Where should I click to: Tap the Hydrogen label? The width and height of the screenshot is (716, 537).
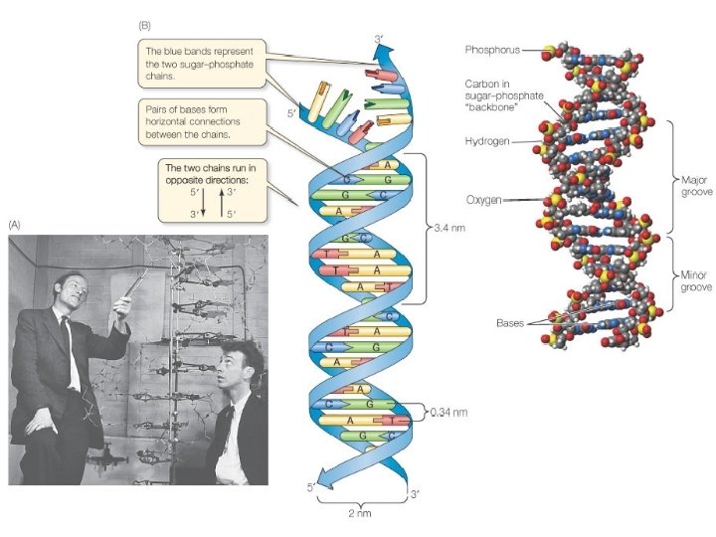pyautogui.click(x=486, y=142)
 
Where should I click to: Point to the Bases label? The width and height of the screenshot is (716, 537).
pyautogui.click(x=510, y=322)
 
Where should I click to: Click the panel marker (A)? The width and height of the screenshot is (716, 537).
pyautogui.click(x=14, y=225)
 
